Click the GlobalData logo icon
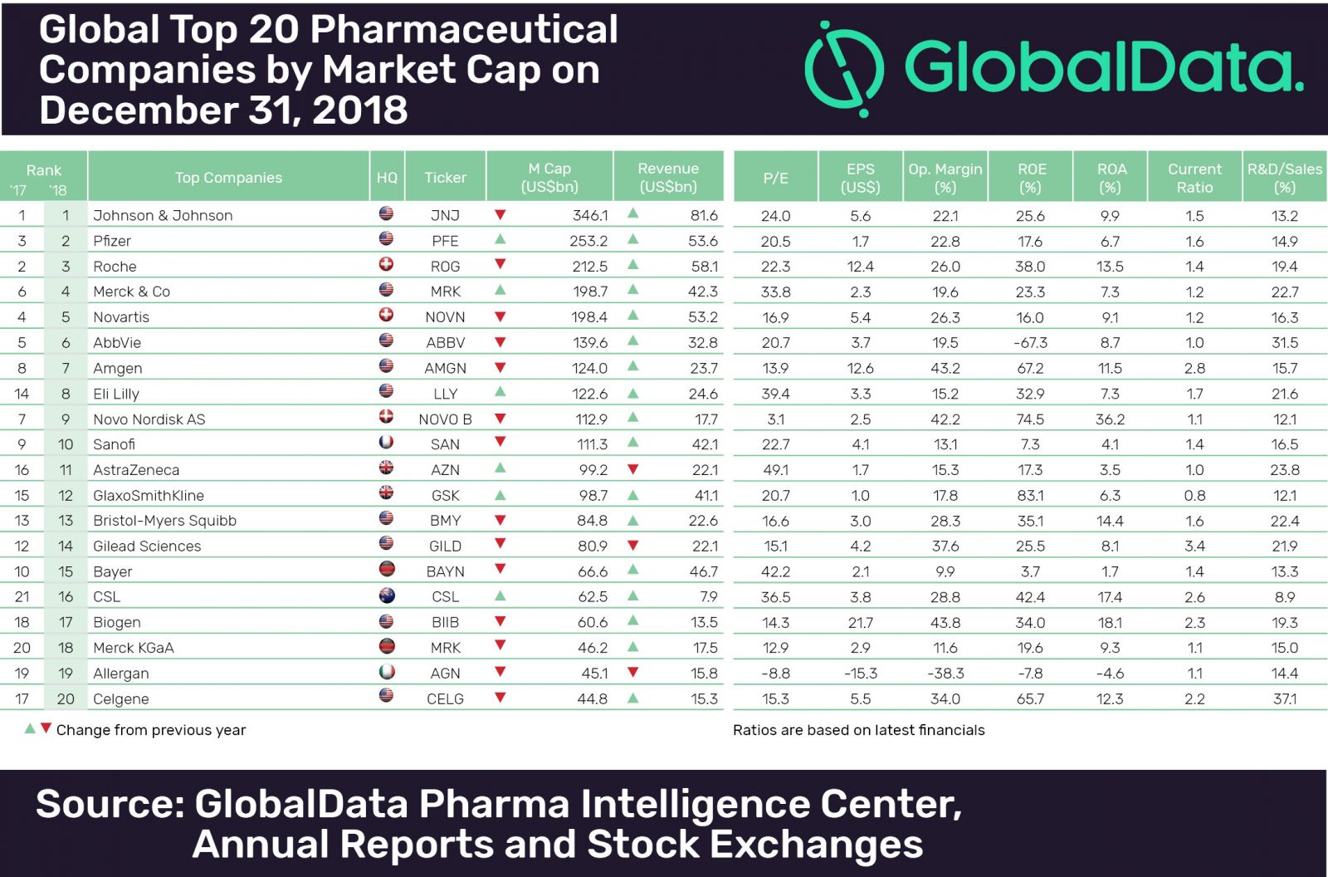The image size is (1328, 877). click(845, 68)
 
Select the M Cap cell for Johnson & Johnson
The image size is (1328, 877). click(590, 216)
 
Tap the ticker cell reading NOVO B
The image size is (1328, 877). click(445, 419)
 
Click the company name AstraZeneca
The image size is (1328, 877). click(136, 470)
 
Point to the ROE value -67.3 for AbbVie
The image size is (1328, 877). click(1031, 343)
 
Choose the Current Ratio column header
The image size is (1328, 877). click(1194, 178)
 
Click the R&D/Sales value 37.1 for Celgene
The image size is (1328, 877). click(1284, 699)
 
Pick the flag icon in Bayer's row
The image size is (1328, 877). click(386, 570)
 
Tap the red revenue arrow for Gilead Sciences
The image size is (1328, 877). click(633, 545)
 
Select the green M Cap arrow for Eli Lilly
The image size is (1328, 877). click(500, 392)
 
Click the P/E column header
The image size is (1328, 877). click(775, 178)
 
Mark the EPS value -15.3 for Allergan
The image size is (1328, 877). click(861, 674)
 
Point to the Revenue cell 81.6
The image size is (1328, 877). click(704, 216)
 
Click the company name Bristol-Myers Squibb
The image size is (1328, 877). click(164, 521)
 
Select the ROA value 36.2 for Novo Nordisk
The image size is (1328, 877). click(1110, 419)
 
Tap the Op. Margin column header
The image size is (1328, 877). click(945, 178)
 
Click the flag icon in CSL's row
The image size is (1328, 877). click(386, 595)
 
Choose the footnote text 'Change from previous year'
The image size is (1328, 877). click(151, 730)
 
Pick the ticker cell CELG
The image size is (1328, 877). click(445, 699)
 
